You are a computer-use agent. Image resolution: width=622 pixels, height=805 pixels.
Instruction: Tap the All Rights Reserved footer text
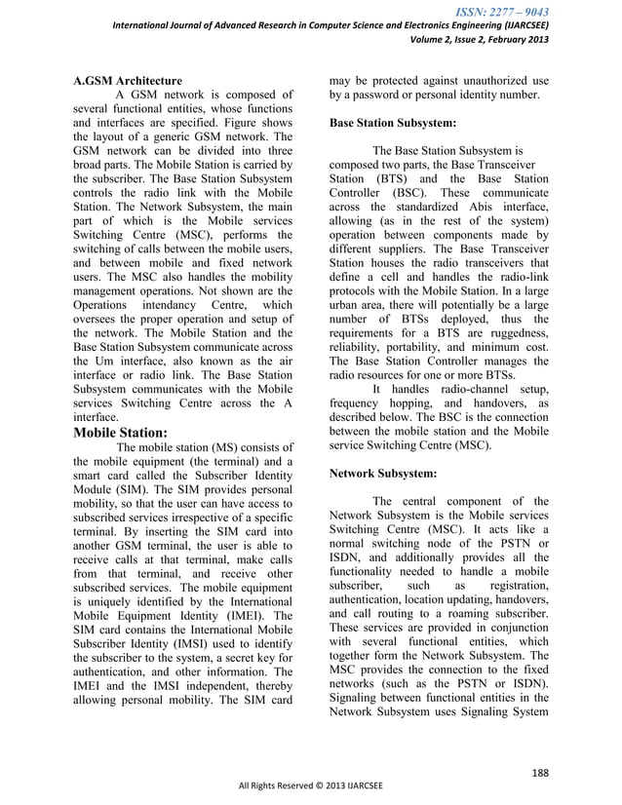(311, 786)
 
